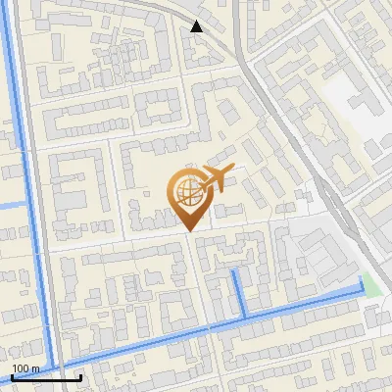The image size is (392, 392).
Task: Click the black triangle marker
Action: click(197, 26)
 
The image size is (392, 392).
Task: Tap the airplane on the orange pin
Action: click(216, 178)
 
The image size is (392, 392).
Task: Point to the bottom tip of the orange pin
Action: click(189, 231)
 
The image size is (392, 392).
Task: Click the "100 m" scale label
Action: click(25, 368)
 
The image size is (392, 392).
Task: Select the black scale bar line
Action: click(46, 377)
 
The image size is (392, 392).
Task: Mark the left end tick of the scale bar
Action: click(12, 375)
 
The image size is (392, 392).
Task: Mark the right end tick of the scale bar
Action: click(80, 375)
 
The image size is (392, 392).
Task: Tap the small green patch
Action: click(369, 281)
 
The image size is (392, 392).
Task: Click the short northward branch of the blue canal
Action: click(238, 292)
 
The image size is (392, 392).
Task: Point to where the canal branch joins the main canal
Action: click(243, 318)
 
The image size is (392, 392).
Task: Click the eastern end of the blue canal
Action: click(363, 291)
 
